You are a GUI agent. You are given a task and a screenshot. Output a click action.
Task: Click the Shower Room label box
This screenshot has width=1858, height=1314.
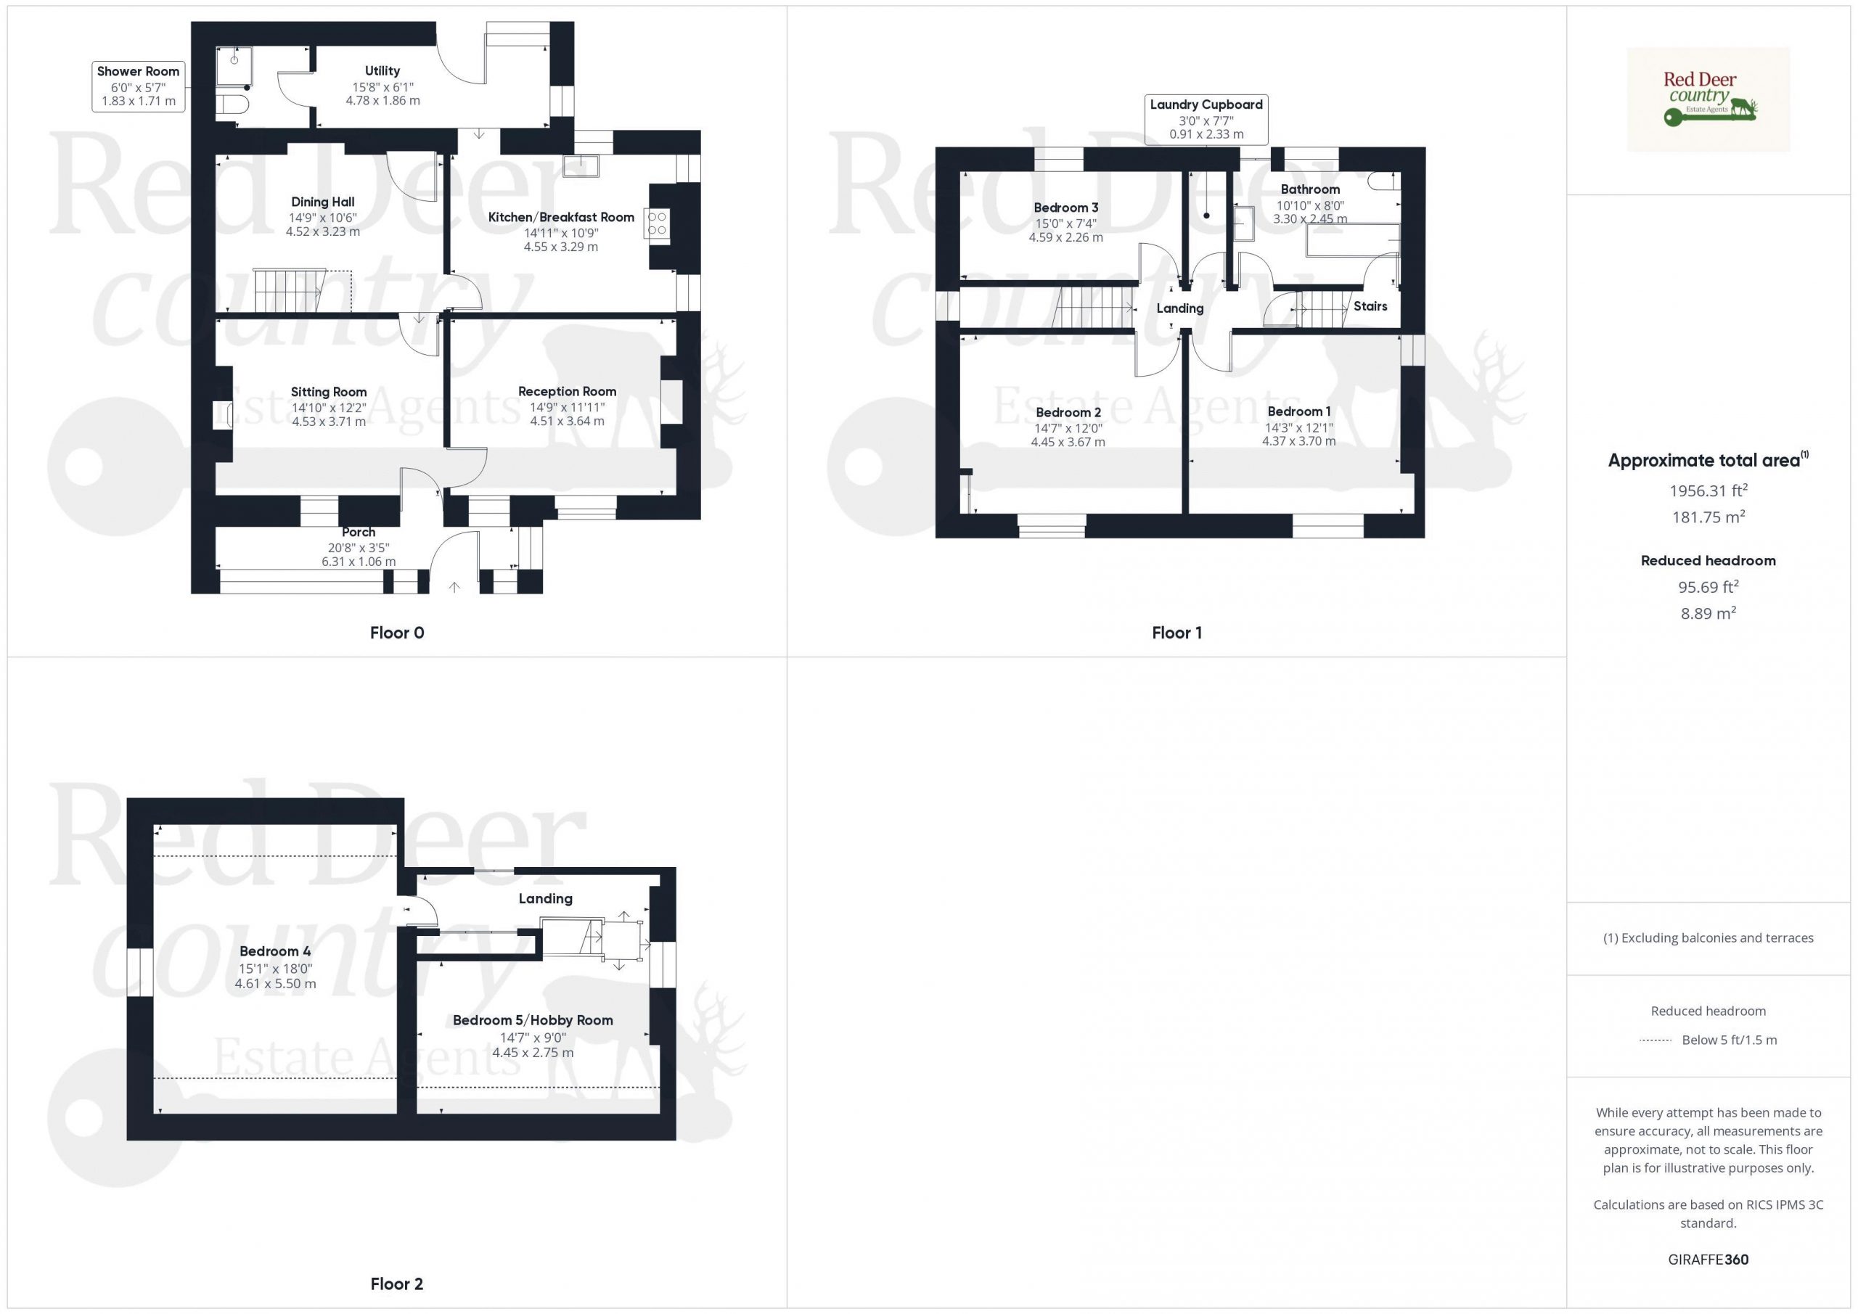(x=139, y=86)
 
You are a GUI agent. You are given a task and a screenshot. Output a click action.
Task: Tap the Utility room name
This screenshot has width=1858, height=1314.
(x=382, y=71)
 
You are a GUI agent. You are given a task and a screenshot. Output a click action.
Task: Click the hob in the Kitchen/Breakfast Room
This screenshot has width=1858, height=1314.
(x=657, y=223)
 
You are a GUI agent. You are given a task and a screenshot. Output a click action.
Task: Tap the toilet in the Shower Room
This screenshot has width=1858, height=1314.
(x=232, y=104)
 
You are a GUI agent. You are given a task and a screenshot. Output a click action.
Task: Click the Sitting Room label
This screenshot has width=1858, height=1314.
(x=329, y=393)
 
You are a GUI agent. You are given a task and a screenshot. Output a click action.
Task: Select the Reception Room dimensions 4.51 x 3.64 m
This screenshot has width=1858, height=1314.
(x=568, y=421)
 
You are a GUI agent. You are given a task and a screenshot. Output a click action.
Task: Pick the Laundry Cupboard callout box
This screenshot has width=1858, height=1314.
(x=1206, y=120)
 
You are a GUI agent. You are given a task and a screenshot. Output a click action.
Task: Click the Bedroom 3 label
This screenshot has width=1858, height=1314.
(x=1065, y=208)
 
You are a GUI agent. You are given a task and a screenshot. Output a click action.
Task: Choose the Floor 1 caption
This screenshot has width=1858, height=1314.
(x=1176, y=633)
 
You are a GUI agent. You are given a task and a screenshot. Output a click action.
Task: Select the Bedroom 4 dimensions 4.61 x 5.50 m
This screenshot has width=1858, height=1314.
(x=275, y=984)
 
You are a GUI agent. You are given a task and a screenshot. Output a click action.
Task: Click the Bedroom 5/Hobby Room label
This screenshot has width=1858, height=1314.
(x=533, y=1020)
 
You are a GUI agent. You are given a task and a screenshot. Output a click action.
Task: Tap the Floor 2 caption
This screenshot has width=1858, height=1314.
(x=396, y=1284)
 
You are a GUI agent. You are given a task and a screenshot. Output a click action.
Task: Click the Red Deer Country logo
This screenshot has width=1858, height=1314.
(x=1708, y=99)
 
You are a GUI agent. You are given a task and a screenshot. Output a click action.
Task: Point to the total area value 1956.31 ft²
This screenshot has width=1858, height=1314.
(x=1708, y=490)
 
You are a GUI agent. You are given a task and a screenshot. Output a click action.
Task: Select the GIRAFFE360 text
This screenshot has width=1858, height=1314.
(x=1708, y=1259)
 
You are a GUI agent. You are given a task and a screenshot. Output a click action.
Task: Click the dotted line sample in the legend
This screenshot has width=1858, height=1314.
(x=1656, y=1040)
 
